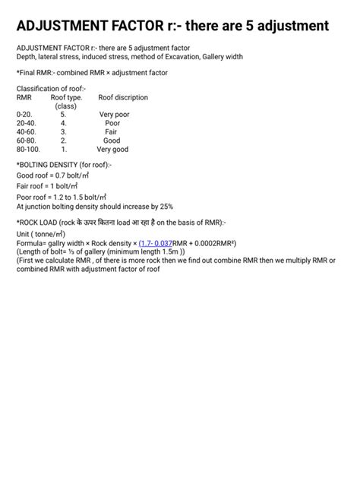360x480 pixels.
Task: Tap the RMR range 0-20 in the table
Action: click(x=24, y=115)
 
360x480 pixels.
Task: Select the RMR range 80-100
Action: click(x=28, y=150)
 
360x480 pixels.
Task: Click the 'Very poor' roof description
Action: click(x=114, y=115)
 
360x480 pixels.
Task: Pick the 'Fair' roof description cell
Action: click(x=111, y=132)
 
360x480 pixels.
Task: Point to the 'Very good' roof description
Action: click(x=112, y=150)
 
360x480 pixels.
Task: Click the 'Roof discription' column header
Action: click(x=123, y=97)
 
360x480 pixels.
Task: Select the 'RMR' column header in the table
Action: click(x=24, y=97)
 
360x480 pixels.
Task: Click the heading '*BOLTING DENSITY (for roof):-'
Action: click(x=64, y=164)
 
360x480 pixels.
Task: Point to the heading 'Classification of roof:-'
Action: click(x=51, y=89)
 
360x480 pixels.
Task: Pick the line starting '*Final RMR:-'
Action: click(x=92, y=72)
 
